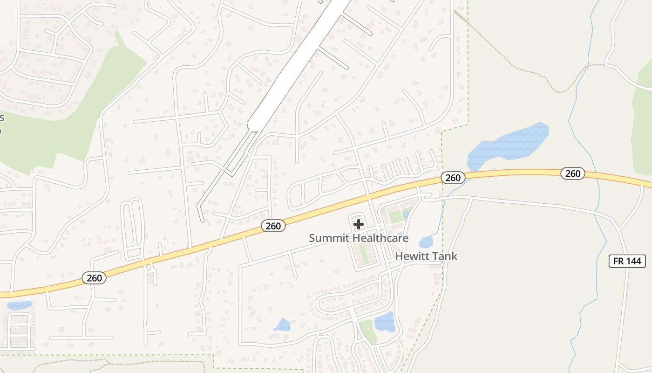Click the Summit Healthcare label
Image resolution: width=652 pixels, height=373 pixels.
pos(359,238)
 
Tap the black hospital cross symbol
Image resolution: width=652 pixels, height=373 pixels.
pos(359,224)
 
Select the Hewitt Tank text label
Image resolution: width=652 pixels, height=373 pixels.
pos(426,256)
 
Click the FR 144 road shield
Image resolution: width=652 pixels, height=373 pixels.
pos(627,261)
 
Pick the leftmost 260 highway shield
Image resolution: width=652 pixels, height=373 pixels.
pos(94,278)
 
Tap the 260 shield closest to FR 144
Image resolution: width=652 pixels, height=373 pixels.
pos(572,173)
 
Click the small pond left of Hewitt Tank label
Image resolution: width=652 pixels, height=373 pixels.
pos(425,242)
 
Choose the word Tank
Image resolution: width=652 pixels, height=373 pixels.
pos(444,256)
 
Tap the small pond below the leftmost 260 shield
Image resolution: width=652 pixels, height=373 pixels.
pos(20,305)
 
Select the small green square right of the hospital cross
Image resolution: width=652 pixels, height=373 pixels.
pos(395,216)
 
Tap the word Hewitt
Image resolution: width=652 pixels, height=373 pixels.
pos(412,256)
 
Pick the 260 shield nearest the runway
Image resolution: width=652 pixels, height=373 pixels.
pos(273,226)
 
